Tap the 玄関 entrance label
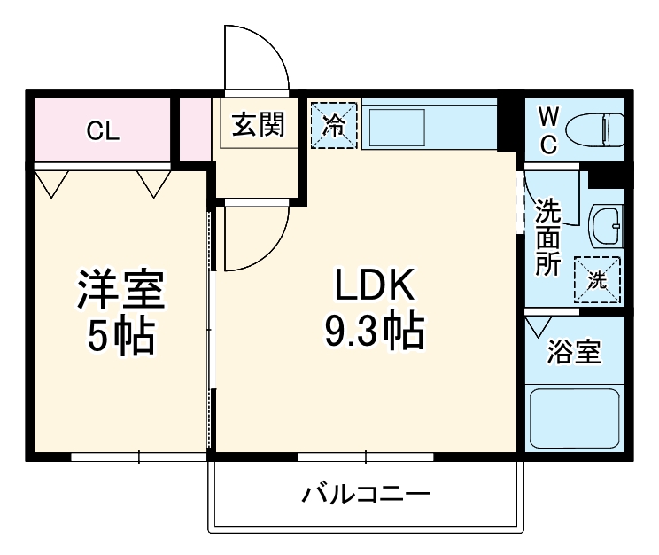[258, 125]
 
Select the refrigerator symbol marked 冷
[334, 125]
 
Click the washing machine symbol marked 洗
[598, 280]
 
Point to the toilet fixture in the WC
[595, 129]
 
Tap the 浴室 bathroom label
[573, 352]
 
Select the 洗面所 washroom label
[548, 238]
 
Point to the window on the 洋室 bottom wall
[139, 457]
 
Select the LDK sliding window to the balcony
[366, 457]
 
